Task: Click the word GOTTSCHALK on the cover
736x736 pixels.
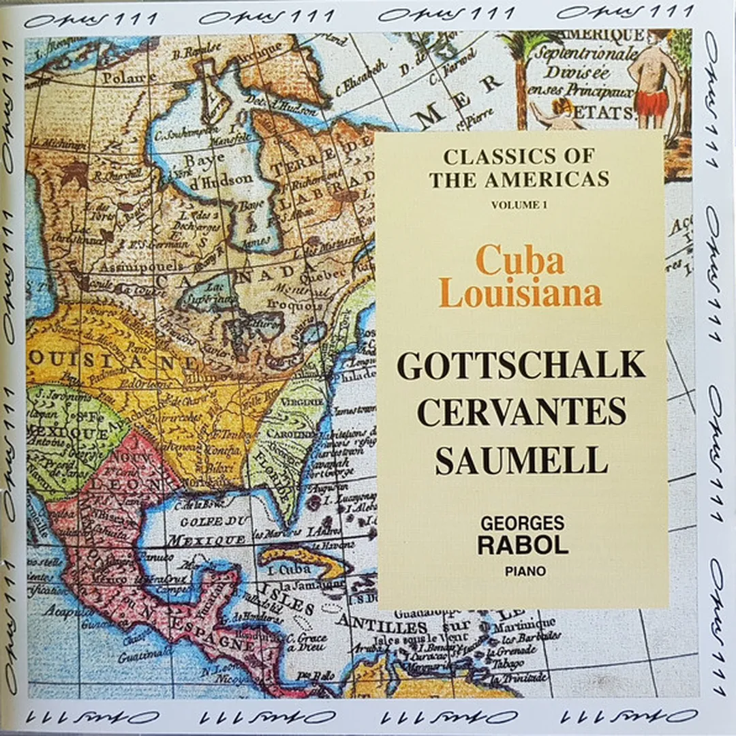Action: point(521,366)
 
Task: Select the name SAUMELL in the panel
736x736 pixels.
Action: point(521,460)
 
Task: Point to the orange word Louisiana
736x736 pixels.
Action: point(521,293)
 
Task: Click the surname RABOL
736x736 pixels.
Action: point(522,545)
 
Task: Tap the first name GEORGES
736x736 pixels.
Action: point(522,523)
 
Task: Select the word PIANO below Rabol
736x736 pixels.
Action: point(522,571)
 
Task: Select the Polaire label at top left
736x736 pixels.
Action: point(129,78)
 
